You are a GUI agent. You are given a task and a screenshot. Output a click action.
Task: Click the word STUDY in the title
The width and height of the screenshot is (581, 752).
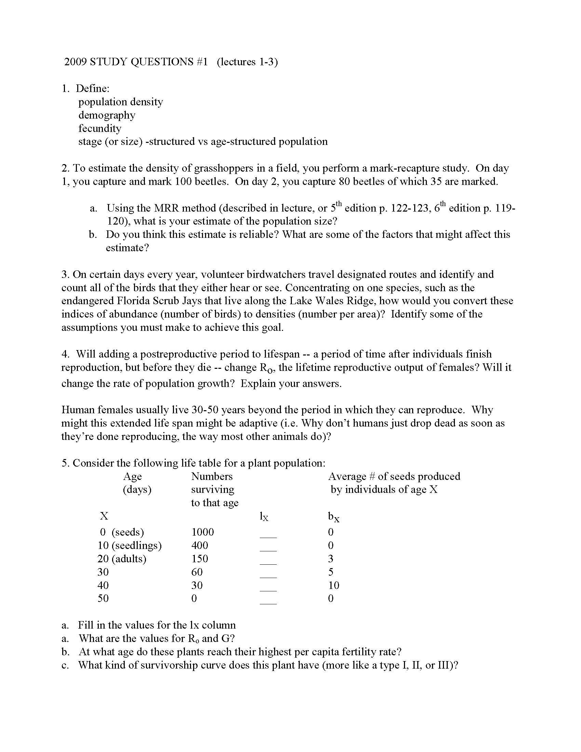109,62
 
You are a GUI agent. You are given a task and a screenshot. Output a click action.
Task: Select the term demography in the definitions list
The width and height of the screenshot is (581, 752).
107,115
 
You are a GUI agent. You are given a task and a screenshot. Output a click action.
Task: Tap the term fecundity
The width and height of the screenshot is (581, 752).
100,129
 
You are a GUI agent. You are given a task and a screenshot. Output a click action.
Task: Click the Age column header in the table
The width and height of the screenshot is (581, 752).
132,476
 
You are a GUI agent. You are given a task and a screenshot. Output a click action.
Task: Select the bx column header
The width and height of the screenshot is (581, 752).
333,516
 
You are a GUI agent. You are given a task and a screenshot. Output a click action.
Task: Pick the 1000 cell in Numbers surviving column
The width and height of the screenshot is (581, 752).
202,532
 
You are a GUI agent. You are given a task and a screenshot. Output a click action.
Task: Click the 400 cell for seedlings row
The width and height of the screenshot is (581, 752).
200,546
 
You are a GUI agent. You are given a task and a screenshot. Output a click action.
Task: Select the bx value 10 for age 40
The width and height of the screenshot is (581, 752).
334,585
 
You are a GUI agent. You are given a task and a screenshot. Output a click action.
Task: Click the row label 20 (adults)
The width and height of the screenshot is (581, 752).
122,559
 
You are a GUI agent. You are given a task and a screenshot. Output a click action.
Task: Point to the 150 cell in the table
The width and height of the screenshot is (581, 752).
200,559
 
